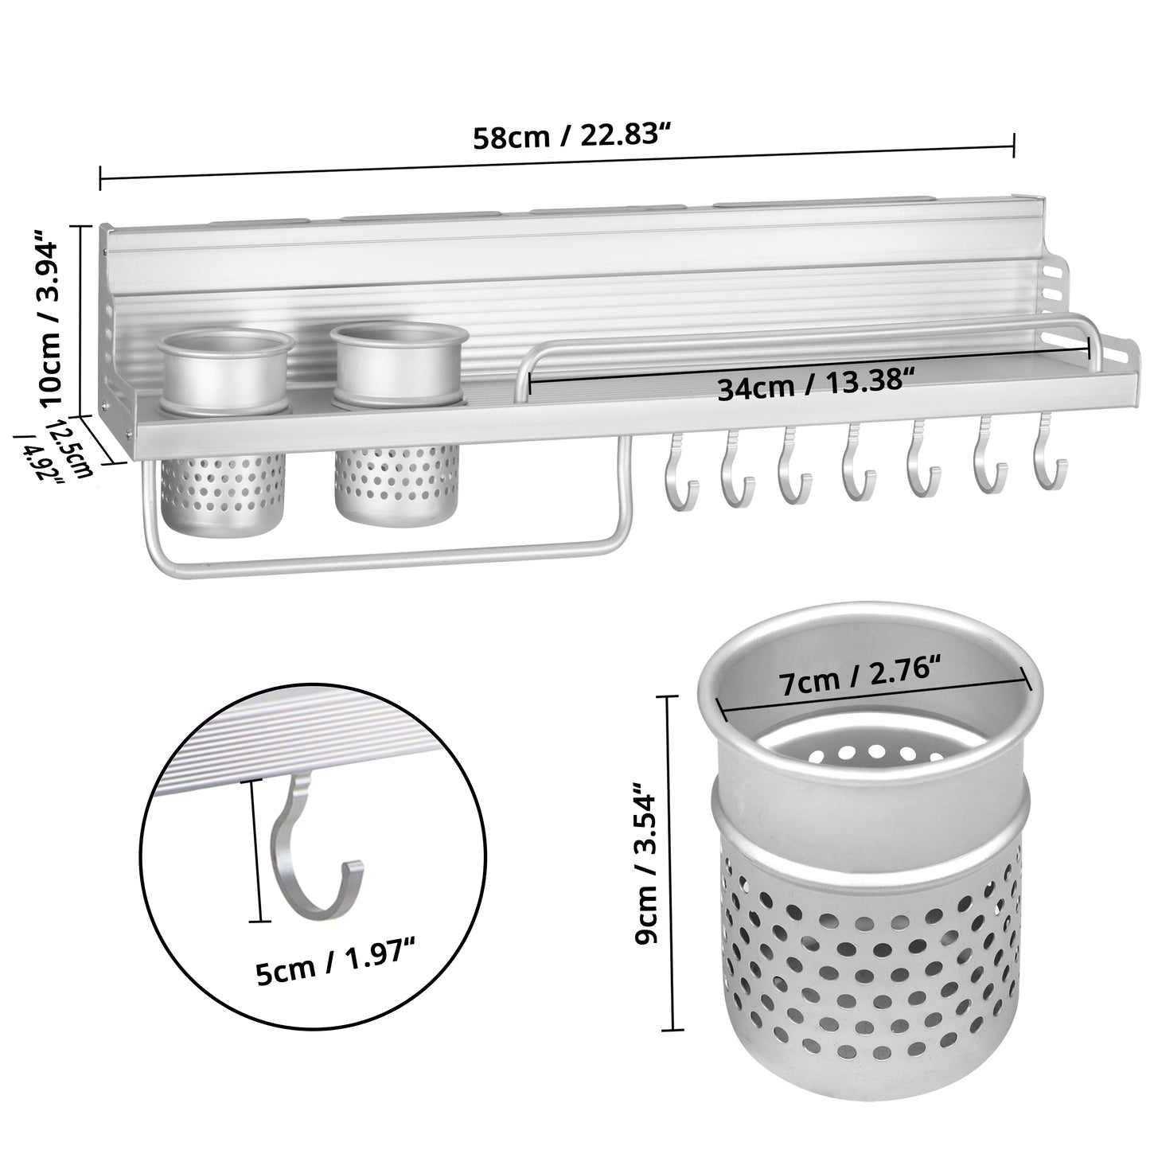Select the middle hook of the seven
click(858, 462)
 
